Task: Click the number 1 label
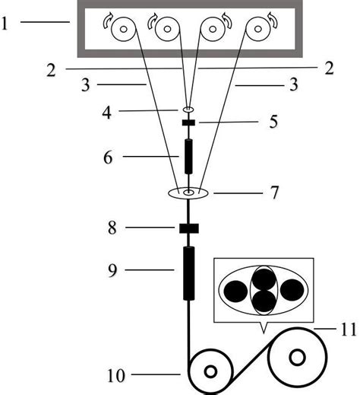5,24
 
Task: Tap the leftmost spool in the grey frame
124,29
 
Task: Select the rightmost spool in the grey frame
257,29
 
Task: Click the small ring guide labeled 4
188,110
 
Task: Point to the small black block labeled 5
188,123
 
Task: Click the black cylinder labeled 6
188,156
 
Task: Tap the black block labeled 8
189,228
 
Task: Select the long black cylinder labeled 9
189,273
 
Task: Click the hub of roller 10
210,372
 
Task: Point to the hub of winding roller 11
297,358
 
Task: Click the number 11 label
349,330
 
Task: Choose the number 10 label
116,375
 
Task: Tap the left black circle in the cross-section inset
235,291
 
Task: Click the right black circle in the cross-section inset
292,291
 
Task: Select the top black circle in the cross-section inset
264,279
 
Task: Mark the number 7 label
274,193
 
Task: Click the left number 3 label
86,85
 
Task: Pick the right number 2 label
329,68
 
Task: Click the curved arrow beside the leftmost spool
107,21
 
